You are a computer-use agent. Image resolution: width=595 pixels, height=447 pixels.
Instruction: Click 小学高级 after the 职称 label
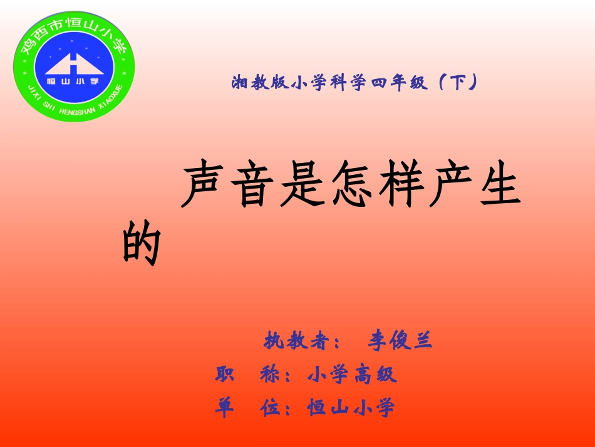pos(353,375)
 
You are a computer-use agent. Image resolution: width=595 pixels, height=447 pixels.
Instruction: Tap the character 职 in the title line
pos(224,375)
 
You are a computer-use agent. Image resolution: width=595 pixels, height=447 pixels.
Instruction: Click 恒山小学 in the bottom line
pos(351,408)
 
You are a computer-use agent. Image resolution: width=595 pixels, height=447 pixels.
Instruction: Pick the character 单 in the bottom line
pos(224,408)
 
